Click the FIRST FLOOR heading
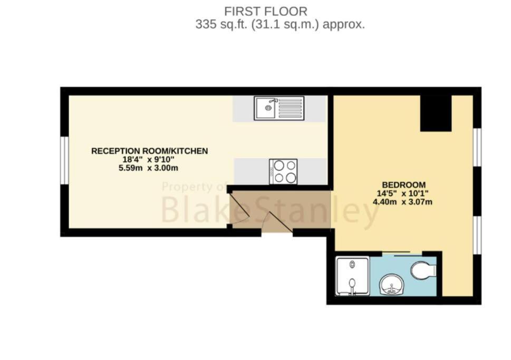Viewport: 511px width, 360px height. tap(266, 12)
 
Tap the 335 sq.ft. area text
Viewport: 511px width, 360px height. tap(280, 24)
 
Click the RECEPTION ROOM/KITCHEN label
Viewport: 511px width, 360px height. tap(150, 151)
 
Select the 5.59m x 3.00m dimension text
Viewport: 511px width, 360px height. tap(148, 168)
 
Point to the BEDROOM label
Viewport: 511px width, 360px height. tap(404, 184)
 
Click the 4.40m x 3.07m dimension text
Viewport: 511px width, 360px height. tap(402, 202)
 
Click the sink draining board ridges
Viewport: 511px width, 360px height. tap(291, 108)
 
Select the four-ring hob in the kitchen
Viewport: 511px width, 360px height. tap(283, 171)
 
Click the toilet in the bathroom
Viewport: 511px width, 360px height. tap(423, 270)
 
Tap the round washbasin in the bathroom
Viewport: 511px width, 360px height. tap(391, 285)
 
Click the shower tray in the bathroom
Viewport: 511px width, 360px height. tap(352, 276)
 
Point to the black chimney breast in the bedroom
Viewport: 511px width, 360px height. tap(436, 113)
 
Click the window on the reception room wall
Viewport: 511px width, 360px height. tap(64, 161)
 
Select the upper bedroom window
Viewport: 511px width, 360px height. tap(477, 147)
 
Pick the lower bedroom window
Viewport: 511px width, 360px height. tap(477, 235)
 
